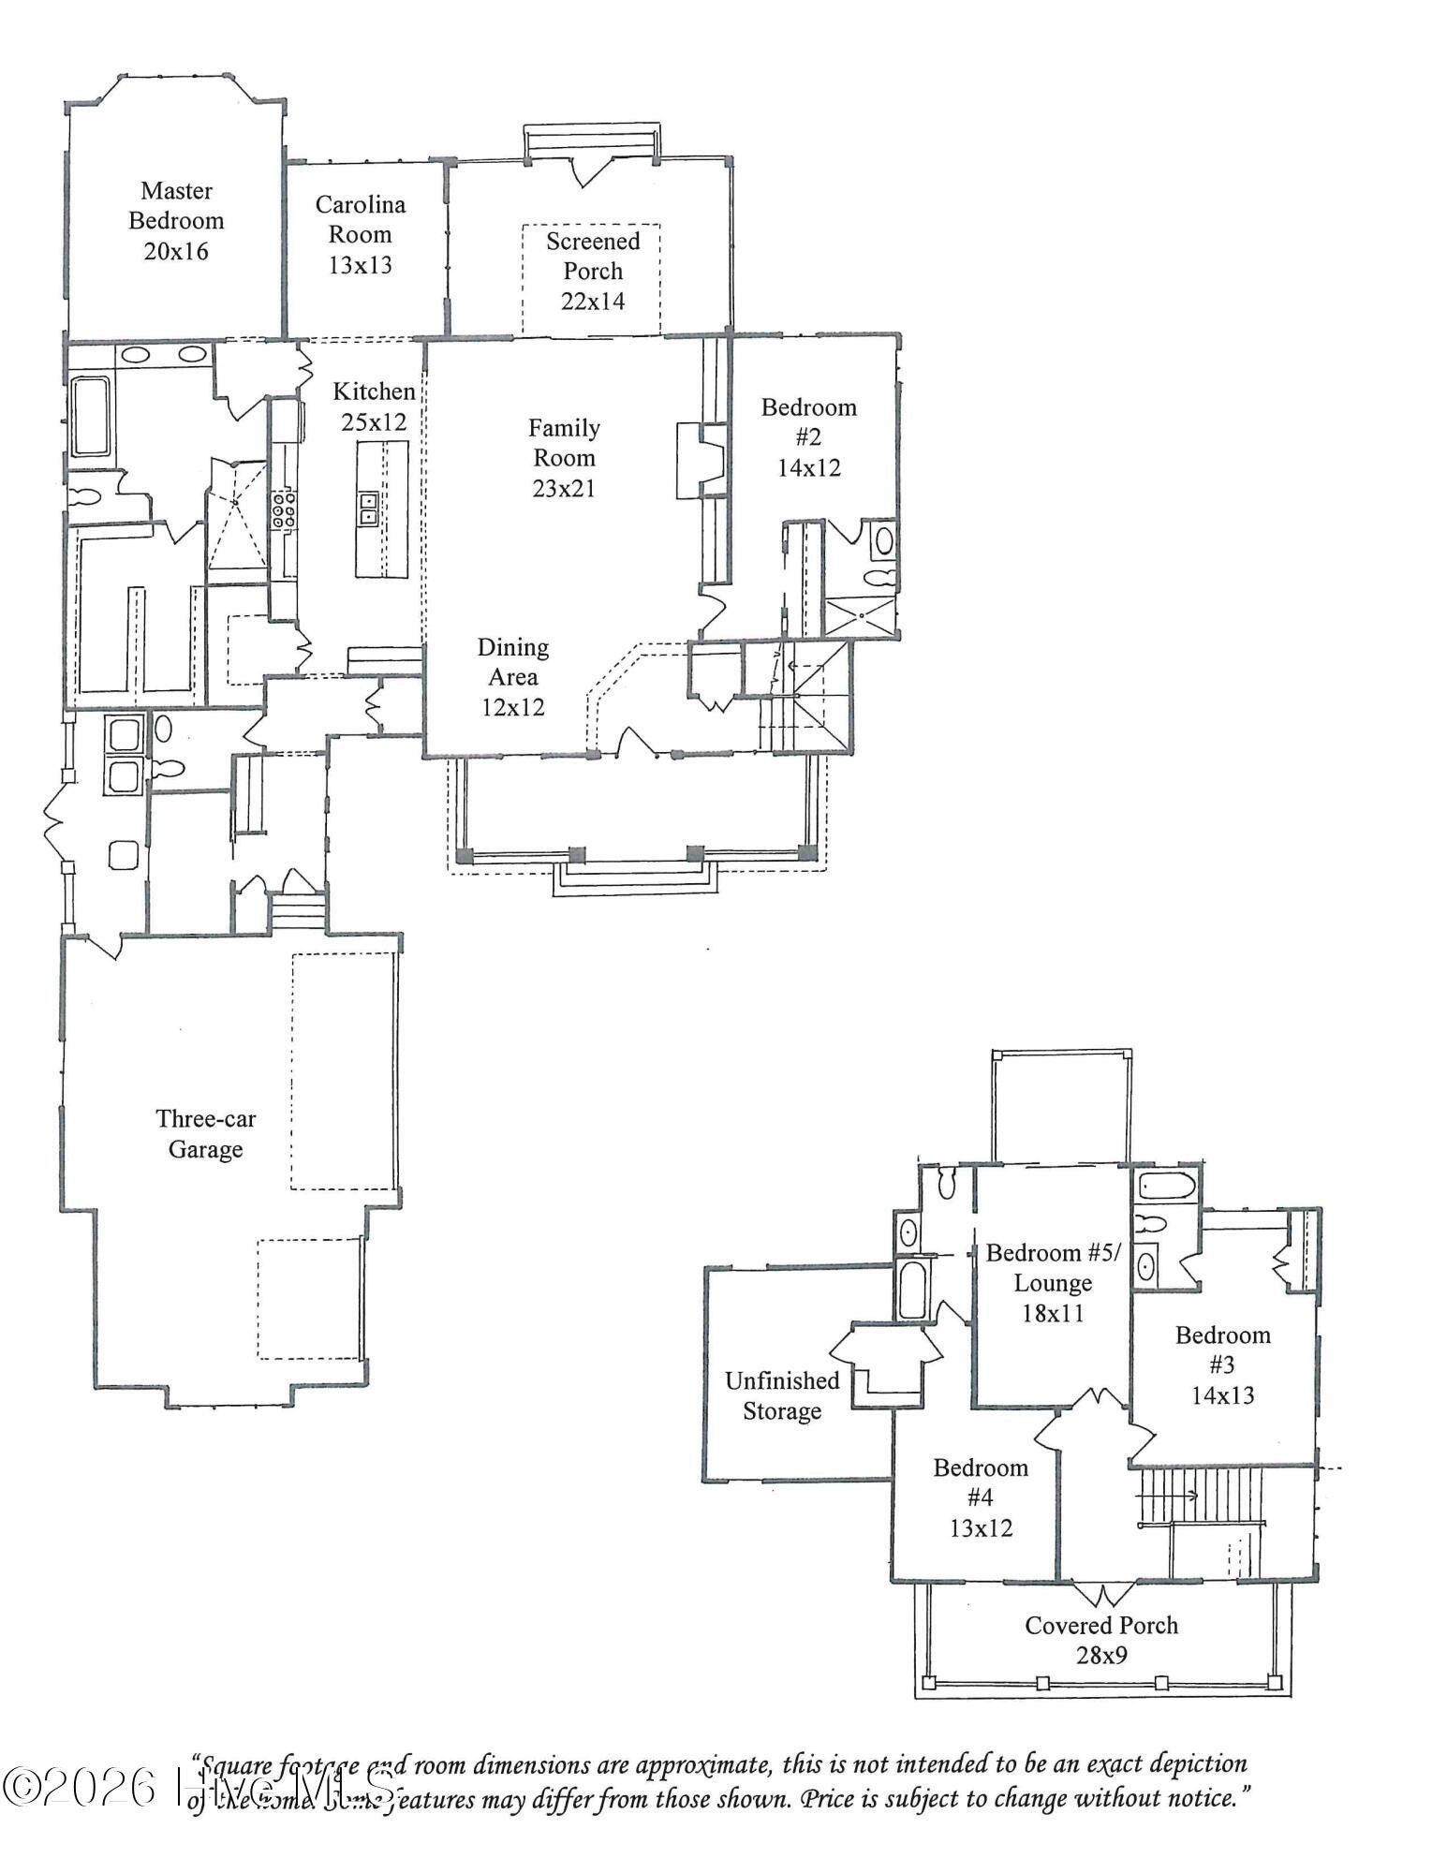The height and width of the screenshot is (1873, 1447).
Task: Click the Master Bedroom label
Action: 176,221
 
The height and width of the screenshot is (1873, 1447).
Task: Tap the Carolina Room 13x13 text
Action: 360,235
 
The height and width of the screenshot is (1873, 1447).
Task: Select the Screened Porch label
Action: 593,271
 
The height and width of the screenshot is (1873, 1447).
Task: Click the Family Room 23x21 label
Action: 564,458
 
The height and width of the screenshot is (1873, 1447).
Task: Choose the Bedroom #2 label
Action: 808,436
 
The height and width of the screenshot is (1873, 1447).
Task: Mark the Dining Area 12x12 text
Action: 512,677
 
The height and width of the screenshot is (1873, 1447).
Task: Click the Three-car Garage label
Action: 205,1133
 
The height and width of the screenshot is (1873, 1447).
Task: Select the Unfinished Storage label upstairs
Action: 782,1395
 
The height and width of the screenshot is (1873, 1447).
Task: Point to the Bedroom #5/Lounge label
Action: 1052,1282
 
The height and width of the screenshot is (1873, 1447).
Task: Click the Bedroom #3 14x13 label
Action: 1222,1364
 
